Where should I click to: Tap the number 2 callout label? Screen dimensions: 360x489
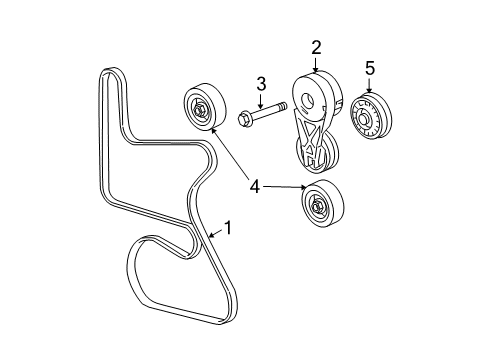coord(316,47)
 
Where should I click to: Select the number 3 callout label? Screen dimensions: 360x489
coord(260,83)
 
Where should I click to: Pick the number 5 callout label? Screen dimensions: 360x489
coord(369,68)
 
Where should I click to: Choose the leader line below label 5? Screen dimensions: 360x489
coord(369,84)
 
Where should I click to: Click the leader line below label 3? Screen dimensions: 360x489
coord(260,100)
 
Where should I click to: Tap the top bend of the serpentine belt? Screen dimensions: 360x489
coord(112,71)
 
